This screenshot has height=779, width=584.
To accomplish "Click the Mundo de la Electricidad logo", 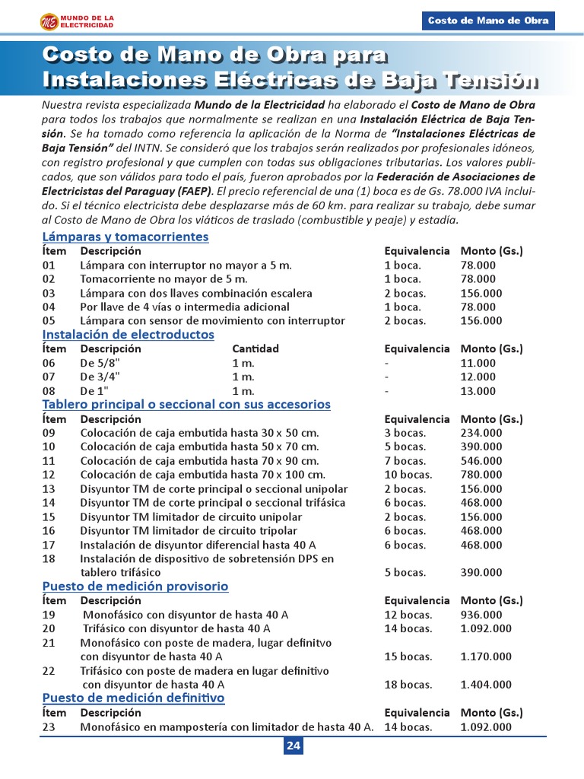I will pyautogui.click(x=77, y=22).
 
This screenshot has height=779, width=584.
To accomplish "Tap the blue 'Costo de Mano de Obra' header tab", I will pyautogui.click(x=487, y=21).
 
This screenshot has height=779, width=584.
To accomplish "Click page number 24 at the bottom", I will pyautogui.click(x=293, y=746).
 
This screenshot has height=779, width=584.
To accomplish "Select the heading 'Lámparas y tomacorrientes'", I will pyautogui.click(x=125, y=237).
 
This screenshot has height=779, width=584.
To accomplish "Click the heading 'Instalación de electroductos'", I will pyautogui.click(x=128, y=335).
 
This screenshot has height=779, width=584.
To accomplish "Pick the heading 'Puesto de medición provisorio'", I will pyautogui.click(x=135, y=587).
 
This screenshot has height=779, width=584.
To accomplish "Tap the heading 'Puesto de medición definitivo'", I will pyautogui.click(x=133, y=698).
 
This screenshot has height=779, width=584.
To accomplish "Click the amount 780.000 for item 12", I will pyautogui.click(x=481, y=475).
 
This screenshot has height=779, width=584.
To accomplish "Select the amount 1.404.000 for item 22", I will pyautogui.click(x=486, y=685).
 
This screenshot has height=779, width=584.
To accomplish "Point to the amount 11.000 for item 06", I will pyautogui.click(x=478, y=363).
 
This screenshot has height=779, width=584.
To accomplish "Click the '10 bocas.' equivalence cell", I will pyautogui.click(x=408, y=475).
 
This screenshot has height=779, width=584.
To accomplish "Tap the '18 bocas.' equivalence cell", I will pyautogui.click(x=408, y=685).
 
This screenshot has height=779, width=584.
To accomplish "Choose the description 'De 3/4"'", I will pyautogui.click(x=100, y=377).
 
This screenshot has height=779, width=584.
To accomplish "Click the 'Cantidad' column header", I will pyautogui.click(x=255, y=349).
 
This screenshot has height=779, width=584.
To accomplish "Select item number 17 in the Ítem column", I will pyautogui.click(x=49, y=545).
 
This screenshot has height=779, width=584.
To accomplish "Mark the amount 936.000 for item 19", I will pyautogui.click(x=481, y=615).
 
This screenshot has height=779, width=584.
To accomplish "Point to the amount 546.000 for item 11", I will pyautogui.click(x=481, y=461).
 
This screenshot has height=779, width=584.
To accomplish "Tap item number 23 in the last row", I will pyautogui.click(x=49, y=727).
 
